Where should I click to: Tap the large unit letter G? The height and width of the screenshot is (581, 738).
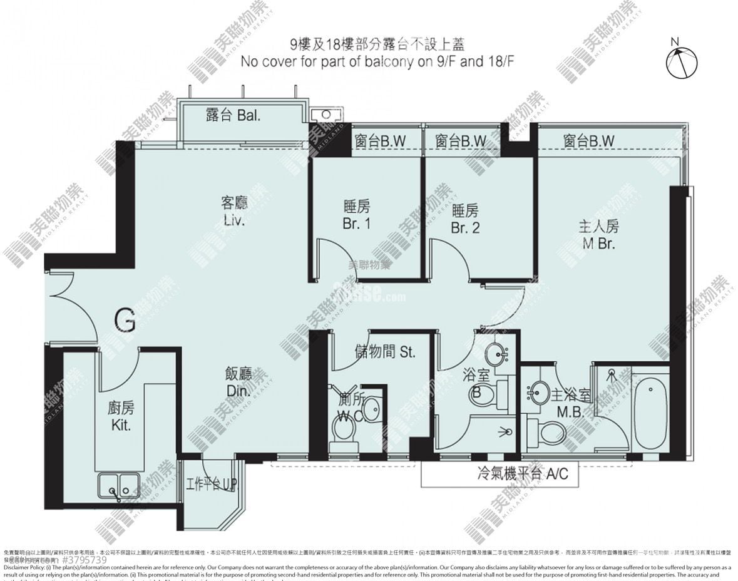click(x=125, y=321)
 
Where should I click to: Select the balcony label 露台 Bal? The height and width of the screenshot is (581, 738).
click(x=232, y=115)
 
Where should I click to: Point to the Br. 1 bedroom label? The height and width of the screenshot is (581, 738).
click(x=356, y=215)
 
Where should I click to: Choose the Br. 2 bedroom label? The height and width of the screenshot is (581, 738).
click(x=464, y=219)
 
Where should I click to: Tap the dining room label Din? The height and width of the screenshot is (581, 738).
click(x=238, y=383)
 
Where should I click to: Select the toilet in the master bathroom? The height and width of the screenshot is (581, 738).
click(x=549, y=433)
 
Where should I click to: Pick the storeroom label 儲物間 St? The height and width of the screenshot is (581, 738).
click(x=384, y=352)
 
